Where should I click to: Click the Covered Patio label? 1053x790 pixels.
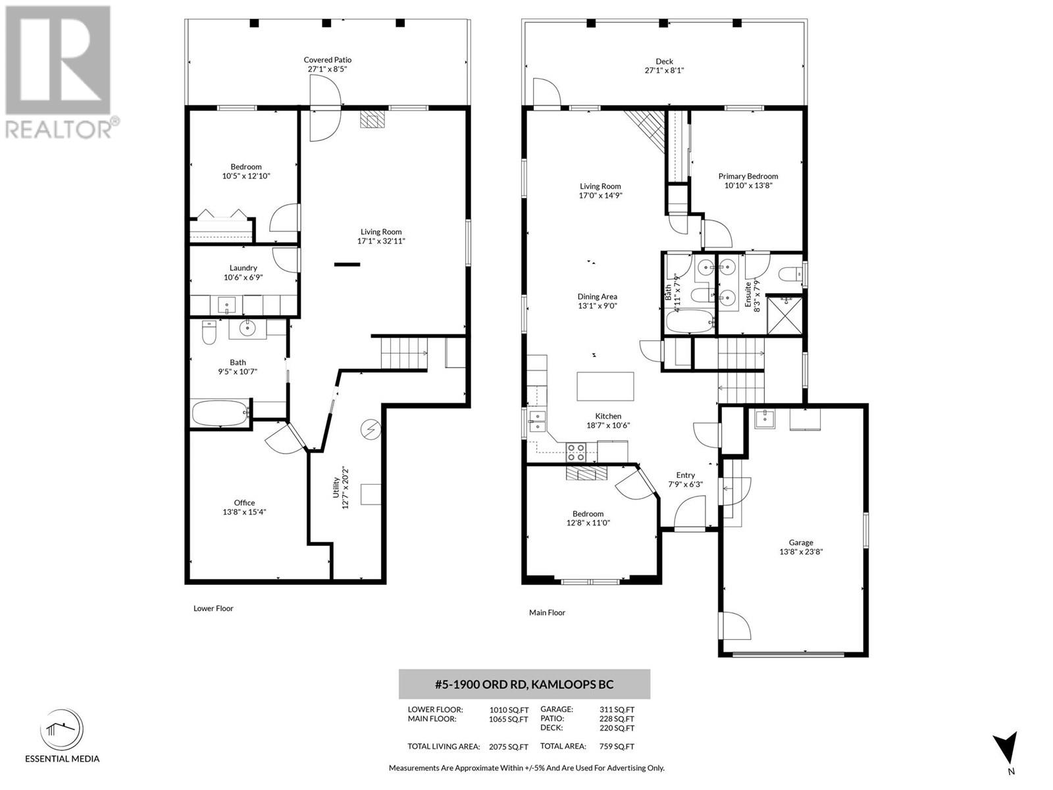click(328, 60)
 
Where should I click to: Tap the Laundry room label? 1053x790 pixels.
click(244, 268)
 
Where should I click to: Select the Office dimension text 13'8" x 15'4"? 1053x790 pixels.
click(244, 512)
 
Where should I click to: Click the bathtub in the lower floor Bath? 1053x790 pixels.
click(220, 413)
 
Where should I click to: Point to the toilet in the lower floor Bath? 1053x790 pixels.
click(210, 332)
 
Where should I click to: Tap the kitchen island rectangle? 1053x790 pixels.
click(605, 386)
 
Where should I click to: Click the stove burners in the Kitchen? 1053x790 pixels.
click(576, 452)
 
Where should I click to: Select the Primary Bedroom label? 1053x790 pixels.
click(748, 176)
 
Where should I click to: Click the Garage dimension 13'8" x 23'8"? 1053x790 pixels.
click(801, 552)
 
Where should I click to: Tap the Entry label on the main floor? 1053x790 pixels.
click(686, 475)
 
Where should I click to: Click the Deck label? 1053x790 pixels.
click(665, 61)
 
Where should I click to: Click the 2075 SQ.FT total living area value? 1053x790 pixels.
click(509, 747)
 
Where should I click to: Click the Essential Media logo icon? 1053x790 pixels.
click(62, 731)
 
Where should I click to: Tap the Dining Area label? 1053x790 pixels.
click(598, 296)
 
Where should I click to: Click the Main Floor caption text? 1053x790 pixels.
click(547, 612)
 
